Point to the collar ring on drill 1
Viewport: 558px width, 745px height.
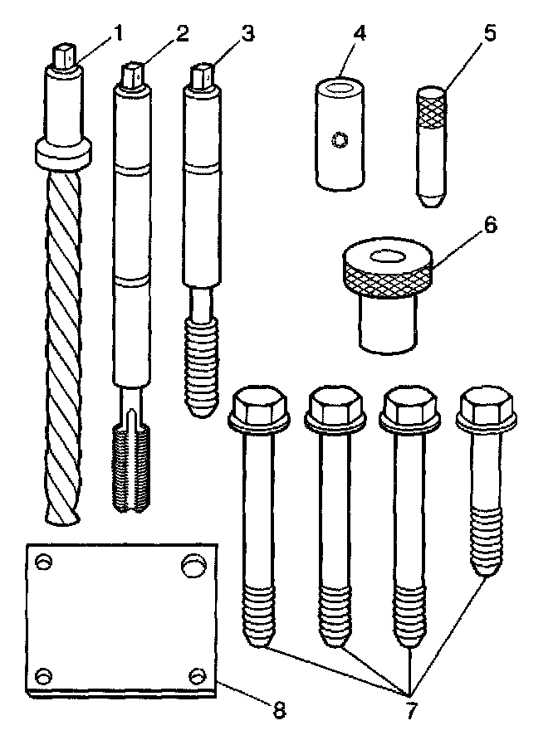coord(62,153)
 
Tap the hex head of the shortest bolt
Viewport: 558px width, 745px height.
coord(486,407)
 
